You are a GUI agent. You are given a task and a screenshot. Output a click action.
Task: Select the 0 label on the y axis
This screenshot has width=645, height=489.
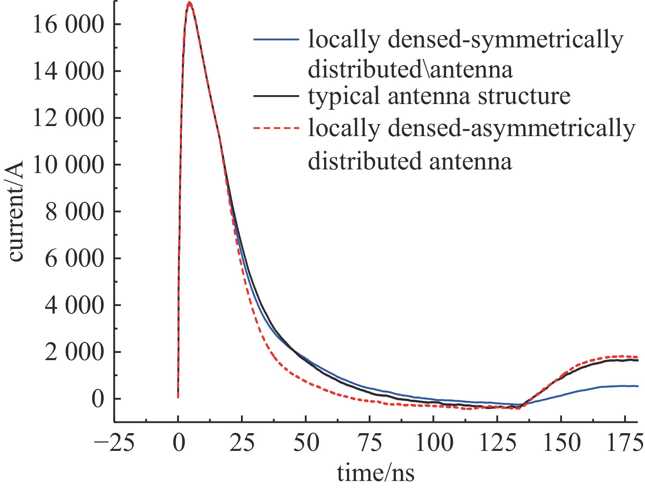(98, 399)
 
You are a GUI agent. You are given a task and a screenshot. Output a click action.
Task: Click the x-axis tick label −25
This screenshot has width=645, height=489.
(114, 443)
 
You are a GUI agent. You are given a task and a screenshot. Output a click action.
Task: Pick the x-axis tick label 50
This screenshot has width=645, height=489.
(306, 443)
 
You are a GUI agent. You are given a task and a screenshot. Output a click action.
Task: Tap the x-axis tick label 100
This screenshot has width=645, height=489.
(434, 443)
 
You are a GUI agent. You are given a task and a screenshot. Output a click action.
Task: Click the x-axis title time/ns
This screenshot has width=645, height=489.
(376, 473)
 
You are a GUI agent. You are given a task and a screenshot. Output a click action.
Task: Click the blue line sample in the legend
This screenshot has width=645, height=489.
(276, 39)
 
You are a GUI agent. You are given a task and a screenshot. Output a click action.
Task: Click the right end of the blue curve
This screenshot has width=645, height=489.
(637, 386)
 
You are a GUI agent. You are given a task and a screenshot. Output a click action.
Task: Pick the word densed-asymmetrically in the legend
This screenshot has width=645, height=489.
(508, 128)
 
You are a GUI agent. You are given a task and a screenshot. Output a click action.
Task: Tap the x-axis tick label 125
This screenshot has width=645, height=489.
(498, 443)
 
